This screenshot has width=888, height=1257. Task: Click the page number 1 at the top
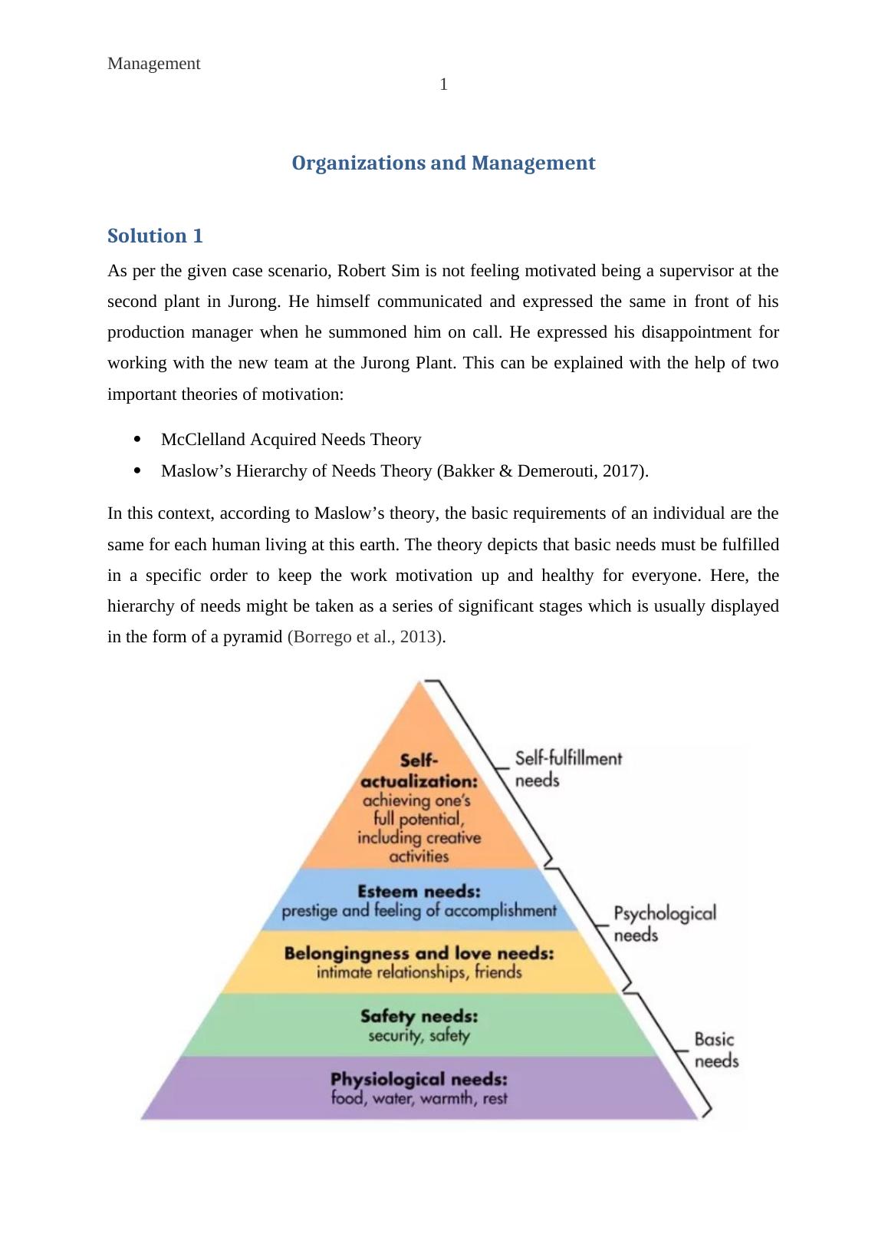pos(443,85)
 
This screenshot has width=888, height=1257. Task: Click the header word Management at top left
pos(154,64)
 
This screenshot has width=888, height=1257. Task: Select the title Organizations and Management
pos(443,163)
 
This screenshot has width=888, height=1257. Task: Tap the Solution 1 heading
pos(156,236)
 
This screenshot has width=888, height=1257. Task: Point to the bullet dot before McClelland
pos(138,439)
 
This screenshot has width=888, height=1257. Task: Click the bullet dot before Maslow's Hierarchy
pos(138,470)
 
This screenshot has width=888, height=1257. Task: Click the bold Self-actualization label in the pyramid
pos(419,770)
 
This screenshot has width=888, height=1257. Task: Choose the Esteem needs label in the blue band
pos(419,892)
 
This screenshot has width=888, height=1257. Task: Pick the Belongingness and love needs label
pos(419,953)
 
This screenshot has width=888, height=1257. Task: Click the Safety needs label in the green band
pos(419,1016)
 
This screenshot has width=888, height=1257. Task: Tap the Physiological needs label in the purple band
pos(419,1079)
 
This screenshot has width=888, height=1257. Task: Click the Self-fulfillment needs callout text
pos(568,769)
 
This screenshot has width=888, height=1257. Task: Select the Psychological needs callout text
pos(664,924)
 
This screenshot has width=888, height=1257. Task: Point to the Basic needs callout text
pos(715,1050)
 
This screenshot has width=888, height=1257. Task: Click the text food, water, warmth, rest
pos(419,1098)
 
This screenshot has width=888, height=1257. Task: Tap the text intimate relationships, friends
pos(419,973)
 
